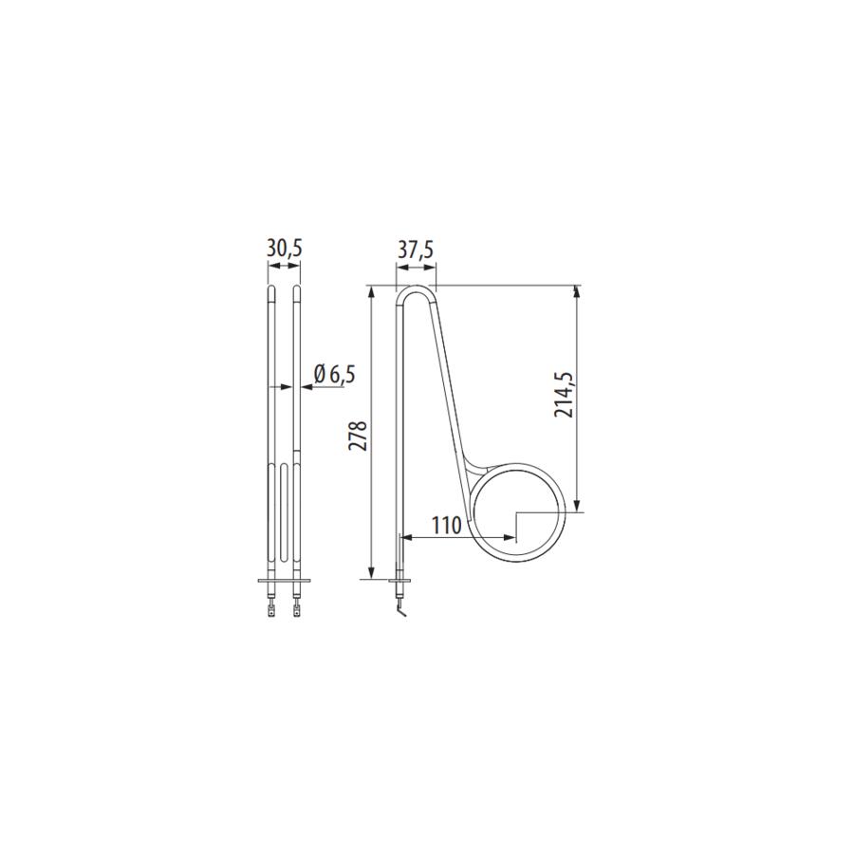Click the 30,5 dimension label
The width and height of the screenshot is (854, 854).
pos(284,249)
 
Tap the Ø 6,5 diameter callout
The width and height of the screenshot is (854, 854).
pos(333,374)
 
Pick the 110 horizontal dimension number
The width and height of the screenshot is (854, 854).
pos(445,525)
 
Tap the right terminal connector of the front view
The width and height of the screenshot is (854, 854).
pos(296,611)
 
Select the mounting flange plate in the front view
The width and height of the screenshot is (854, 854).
pos(284,581)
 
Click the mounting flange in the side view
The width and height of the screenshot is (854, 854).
pos(399,580)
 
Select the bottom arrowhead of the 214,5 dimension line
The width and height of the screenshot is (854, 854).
pos(576,505)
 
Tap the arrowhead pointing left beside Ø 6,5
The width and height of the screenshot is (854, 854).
pos(306,387)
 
